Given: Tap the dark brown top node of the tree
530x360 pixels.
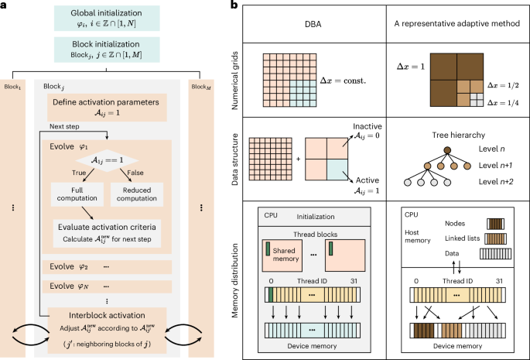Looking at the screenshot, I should click(x=446, y=149).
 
